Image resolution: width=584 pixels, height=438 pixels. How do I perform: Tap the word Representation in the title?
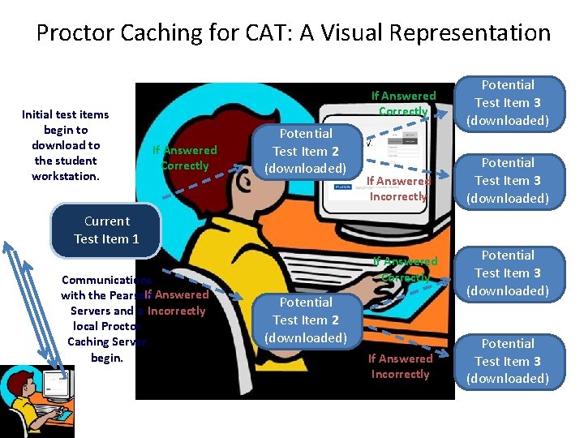point(471,33)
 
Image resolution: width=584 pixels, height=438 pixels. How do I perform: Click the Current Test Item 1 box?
point(106,230)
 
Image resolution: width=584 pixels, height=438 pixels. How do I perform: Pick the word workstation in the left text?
point(66,176)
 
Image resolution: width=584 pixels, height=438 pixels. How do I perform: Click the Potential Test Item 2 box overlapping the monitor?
point(306,151)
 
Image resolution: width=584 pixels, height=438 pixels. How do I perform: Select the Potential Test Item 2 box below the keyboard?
point(306,320)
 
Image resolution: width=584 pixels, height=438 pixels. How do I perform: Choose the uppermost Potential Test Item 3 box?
point(508,103)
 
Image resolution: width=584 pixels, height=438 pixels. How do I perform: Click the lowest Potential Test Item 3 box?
point(508,361)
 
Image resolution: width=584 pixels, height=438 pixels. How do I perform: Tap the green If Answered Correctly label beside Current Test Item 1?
point(185,157)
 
